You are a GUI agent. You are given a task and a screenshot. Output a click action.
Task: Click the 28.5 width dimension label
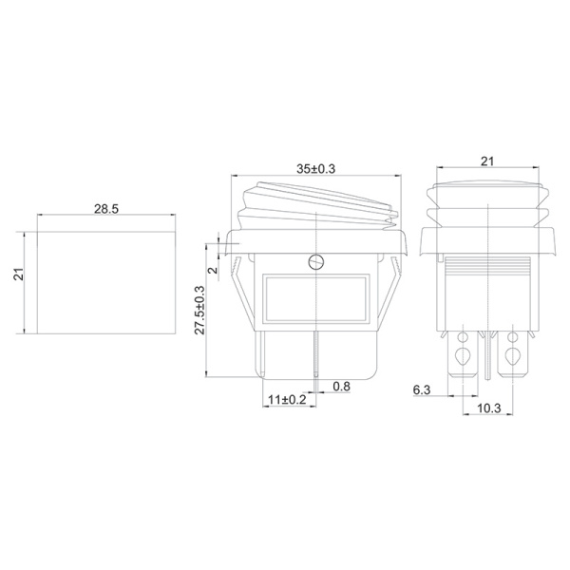coord(106,209)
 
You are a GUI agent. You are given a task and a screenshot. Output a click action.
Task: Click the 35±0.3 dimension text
coord(316,169)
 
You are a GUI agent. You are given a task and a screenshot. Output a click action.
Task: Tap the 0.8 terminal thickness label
coord(341,386)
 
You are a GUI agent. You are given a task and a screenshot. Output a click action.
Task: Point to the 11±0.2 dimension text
coord(287,400)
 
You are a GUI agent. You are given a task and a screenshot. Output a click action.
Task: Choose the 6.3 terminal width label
coord(422,390)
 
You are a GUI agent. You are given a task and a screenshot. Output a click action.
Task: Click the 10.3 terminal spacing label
coord(489,408)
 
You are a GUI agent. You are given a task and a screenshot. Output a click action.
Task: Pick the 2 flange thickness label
coord(214,271)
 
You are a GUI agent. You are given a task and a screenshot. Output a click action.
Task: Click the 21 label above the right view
coord(487,161)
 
